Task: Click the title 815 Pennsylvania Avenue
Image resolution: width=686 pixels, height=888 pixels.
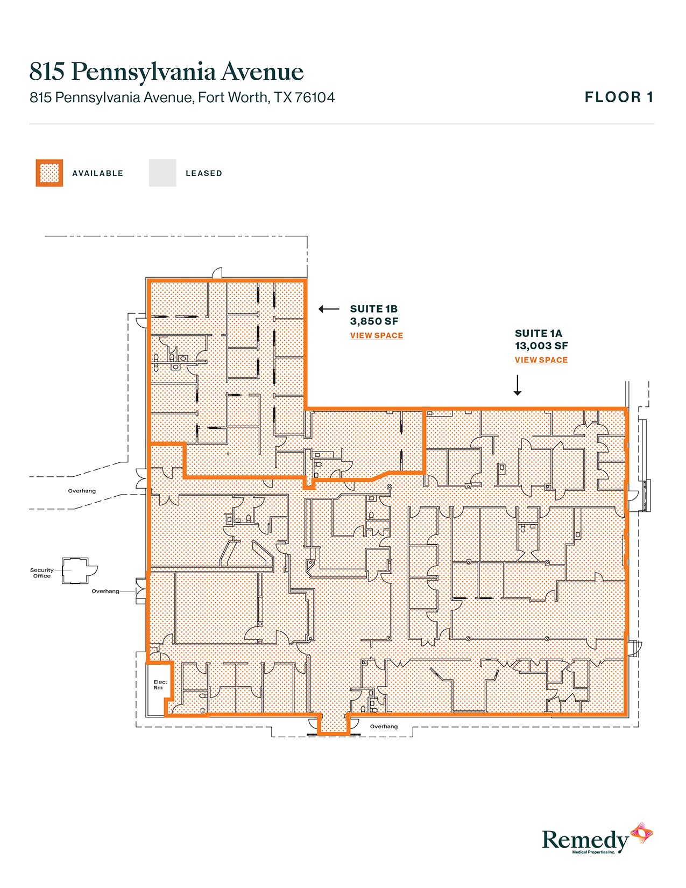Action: (x=166, y=72)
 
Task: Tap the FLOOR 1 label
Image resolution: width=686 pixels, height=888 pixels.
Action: (x=619, y=97)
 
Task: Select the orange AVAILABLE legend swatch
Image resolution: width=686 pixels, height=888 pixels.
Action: (x=49, y=173)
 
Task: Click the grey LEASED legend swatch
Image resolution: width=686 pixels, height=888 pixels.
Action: (x=162, y=173)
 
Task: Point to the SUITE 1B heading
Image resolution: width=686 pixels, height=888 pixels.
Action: (x=373, y=309)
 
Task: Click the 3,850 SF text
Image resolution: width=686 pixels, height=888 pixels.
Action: (x=374, y=321)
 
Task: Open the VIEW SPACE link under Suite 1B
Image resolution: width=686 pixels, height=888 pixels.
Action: (x=376, y=335)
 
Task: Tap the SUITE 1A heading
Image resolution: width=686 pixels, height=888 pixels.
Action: (x=538, y=334)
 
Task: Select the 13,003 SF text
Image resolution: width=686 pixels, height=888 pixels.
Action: (x=541, y=346)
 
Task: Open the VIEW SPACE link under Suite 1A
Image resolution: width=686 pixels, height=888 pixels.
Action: (x=541, y=360)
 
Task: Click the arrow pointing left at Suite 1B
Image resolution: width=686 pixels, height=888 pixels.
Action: (x=329, y=309)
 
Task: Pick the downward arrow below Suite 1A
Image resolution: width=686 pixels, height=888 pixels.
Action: (x=517, y=385)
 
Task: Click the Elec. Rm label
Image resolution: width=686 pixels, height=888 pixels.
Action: (x=160, y=685)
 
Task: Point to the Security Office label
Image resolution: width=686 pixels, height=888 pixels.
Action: (x=41, y=573)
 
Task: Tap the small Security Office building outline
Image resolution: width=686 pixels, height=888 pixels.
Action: (x=75, y=570)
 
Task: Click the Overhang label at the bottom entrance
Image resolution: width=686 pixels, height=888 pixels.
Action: (x=384, y=727)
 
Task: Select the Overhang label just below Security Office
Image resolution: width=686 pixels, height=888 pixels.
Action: (x=105, y=591)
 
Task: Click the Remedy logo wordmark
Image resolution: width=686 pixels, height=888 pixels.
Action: (x=585, y=840)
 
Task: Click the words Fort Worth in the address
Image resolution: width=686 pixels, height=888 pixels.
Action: (x=232, y=97)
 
